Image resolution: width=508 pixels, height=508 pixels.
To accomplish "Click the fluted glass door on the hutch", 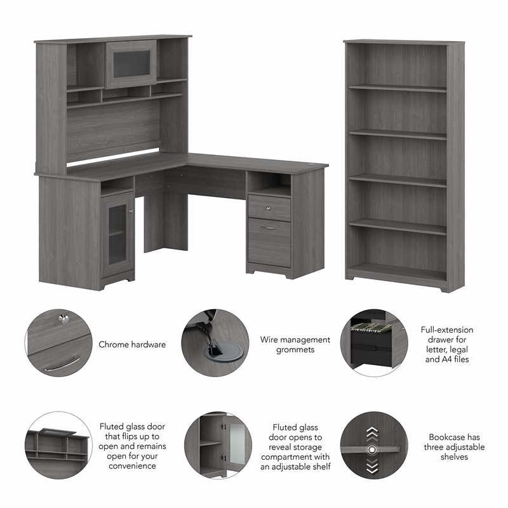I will point(130,63).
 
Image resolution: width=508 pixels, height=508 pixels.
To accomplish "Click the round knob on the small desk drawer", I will point(269,207).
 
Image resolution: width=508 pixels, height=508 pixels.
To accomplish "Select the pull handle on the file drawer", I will point(269,227).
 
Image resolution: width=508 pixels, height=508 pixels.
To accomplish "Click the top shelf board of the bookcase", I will point(398,88).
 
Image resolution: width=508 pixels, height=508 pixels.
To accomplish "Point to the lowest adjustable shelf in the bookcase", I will point(398,223).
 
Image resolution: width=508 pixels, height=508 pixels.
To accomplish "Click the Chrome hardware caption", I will point(132,345).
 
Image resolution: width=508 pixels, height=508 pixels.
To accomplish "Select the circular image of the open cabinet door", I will point(216,447).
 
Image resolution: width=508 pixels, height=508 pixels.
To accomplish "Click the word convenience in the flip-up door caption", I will point(128,466).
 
